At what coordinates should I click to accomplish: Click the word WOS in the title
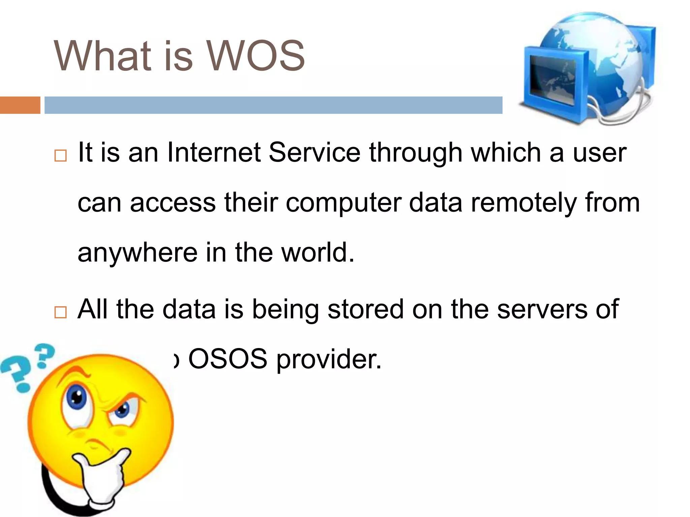[x=255, y=56]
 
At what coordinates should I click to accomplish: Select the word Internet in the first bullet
[x=214, y=152]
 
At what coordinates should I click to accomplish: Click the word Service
[x=314, y=152]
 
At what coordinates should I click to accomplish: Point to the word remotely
[x=524, y=203]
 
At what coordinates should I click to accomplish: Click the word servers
[x=542, y=309]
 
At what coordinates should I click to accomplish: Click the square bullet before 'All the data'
[x=61, y=312]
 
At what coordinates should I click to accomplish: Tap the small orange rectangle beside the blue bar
[x=20, y=105]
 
